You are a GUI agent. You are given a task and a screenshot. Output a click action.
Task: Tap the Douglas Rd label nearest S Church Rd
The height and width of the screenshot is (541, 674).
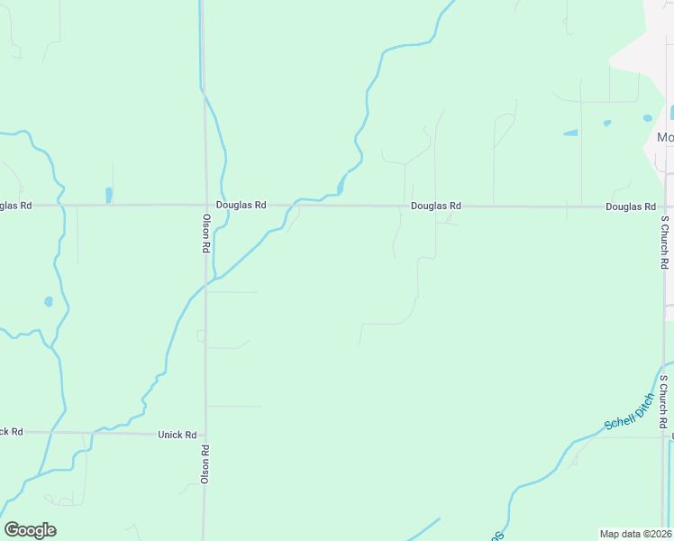click(x=630, y=206)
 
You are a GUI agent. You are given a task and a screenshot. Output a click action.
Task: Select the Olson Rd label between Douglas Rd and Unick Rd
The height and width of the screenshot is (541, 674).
click(x=205, y=233)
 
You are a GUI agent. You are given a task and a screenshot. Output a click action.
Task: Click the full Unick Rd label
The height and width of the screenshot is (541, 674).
click(x=177, y=435)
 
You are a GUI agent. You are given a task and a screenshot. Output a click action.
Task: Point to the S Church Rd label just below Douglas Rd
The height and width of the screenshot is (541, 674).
click(x=664, y=242)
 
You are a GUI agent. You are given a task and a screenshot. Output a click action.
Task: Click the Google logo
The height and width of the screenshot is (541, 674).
click(x=30, y=530)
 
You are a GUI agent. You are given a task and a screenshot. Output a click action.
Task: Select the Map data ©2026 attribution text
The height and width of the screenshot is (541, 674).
click(x=634, y=533)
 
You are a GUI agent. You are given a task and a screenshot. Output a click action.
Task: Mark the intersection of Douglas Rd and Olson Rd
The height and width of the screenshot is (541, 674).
click(x=204, y=205)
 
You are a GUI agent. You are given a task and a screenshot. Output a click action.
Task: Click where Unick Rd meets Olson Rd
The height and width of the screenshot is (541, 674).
click(x=205, y=434)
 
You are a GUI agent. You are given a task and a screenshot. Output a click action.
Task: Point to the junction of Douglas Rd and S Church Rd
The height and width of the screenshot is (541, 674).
click(x=665, y=206)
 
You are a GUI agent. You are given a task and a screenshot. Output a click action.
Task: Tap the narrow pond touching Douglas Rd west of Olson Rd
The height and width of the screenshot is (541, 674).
click(x=109, y=195)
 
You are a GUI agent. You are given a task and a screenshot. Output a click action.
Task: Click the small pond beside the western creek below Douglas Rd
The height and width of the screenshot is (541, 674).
click(x=49, y=301)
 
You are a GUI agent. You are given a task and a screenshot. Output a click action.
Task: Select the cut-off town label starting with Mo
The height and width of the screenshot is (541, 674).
click(x=665, y=137)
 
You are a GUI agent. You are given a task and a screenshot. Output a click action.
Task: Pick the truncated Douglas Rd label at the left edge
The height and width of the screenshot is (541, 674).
click(x=15, y=206)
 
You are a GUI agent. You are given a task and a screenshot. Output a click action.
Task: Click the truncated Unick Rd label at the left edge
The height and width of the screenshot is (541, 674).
click(x=11, y=432)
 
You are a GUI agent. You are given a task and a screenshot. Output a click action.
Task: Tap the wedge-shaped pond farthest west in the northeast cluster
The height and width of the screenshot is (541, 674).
click(x=570, y=133)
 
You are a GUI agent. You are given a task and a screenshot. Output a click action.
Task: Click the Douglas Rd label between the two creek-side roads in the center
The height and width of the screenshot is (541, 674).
click(x=436, y=206)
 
